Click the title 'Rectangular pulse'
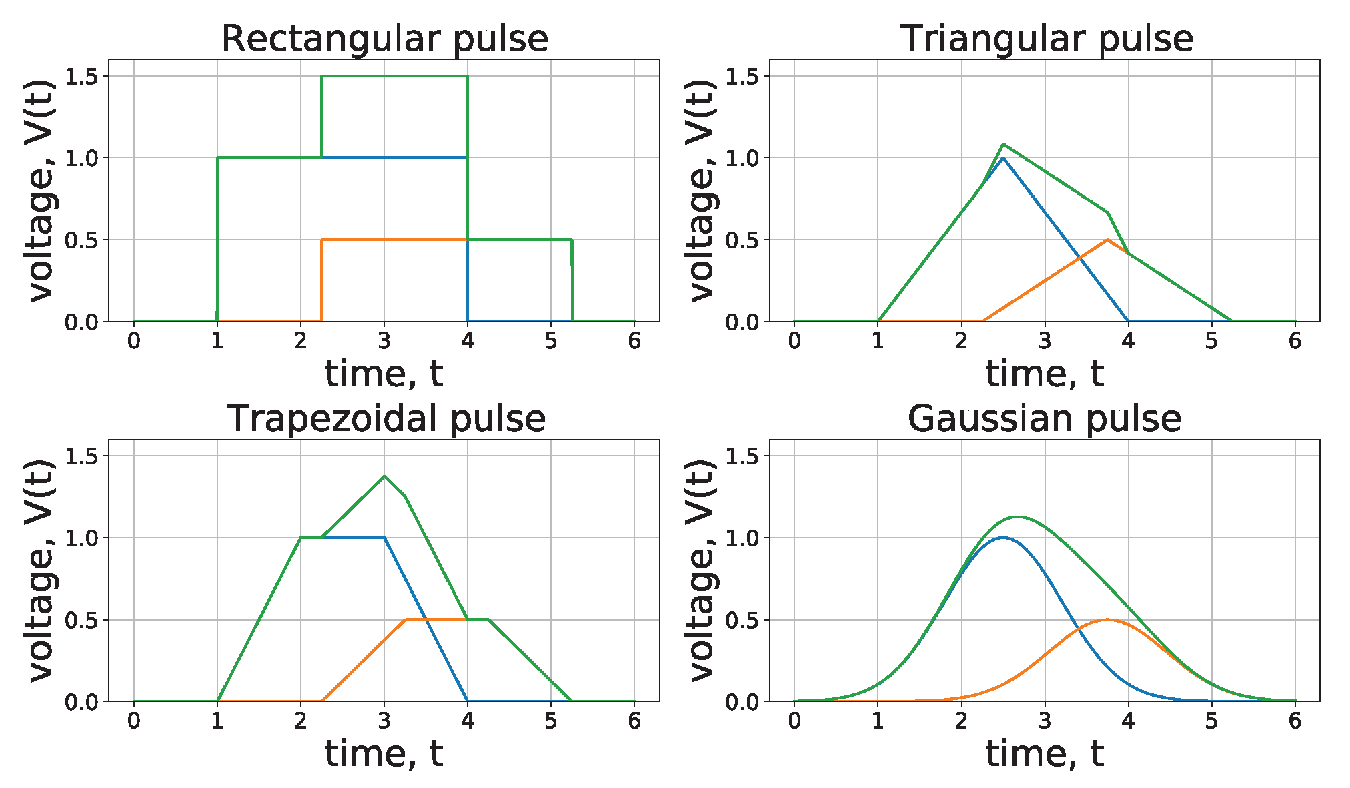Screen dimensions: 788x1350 pos(384,39)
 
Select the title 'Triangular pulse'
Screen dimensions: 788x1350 pos(1047,39)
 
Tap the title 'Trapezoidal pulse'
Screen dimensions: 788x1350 pos(386,419)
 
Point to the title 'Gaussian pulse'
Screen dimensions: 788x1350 pos(1044,419)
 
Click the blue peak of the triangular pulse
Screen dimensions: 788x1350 pos(1002,158)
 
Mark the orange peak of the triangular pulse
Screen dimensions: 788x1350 pos(1107,240)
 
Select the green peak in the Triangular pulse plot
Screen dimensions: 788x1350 pos(1003,144)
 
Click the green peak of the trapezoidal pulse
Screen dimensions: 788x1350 pos(384,476)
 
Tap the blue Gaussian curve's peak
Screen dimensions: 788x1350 pos(1002,538)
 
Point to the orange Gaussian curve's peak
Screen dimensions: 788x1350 pos(1107,620)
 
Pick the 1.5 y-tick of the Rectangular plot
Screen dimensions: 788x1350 pos(81,77)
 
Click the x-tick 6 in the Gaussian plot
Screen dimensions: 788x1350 pos(1295,721)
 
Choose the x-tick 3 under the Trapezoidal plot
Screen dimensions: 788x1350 pos(384,721)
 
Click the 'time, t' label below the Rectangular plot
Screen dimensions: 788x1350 pos(384,374)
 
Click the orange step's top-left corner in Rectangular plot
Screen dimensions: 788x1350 pos(322,240)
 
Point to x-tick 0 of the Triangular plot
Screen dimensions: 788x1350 pos(794,342)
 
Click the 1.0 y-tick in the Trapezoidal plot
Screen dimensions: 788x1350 pos(81,538)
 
